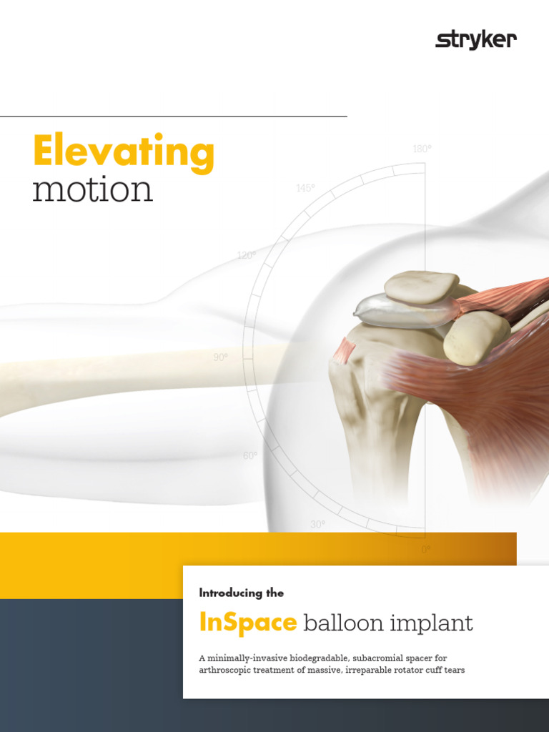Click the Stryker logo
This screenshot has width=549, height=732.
[475, 41]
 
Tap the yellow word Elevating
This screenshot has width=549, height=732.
[123, 152]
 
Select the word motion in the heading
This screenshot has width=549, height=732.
[92, 190]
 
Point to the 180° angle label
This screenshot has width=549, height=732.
[422, 149]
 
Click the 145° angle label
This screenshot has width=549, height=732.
[305, 188]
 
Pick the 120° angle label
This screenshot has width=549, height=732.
[247, 255]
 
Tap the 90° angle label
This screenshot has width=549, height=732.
[220, 357]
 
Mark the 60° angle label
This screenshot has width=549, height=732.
[250, 455]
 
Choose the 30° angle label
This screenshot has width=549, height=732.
[317, 524]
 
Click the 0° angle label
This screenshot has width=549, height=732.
[426, 550]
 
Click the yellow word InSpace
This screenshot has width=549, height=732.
[247, 623]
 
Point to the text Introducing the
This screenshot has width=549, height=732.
[241, 593]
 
